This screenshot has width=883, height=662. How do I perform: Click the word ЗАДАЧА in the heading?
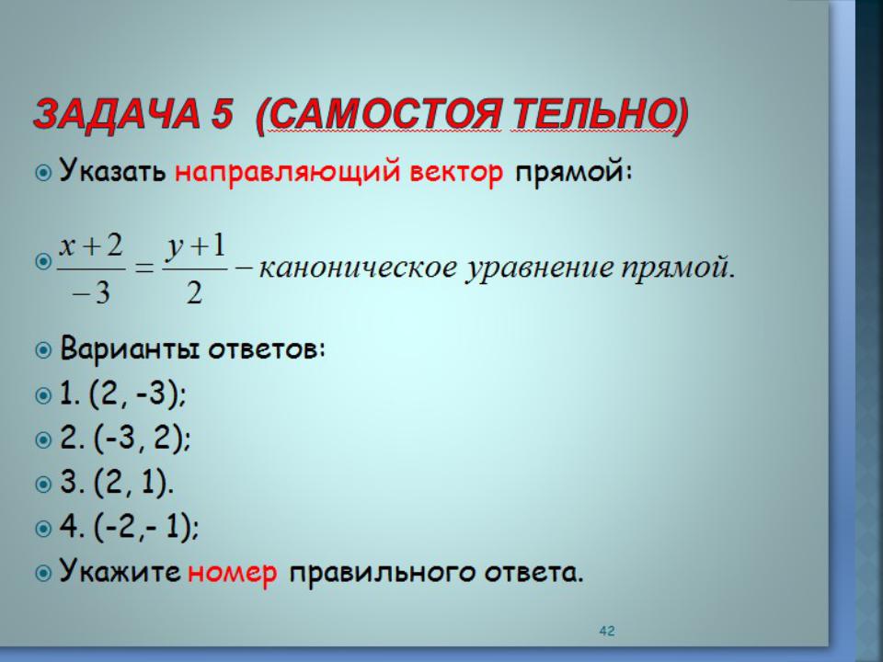click(117, 114)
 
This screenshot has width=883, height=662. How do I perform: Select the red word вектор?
click(456, 172)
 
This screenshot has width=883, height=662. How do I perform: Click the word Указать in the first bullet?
click(112, 169)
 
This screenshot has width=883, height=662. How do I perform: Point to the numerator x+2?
click(91, 245)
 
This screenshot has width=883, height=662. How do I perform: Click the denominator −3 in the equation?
click(91, 292)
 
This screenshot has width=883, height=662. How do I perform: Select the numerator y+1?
click(195, 247)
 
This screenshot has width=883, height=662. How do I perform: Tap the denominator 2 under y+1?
click(194, 292)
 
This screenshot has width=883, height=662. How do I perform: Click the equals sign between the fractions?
click(144, 268)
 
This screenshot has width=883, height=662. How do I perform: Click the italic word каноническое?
click(358, 268)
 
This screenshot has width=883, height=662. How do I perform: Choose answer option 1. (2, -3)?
click(122, 394)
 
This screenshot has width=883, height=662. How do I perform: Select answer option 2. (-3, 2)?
click(125, 438)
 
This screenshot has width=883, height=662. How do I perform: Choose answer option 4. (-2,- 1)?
click(129, 528)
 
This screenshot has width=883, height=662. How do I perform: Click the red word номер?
click(232, 573)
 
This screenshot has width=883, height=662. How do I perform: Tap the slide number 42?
click(607, 631)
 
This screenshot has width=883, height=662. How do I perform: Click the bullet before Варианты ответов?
click(43, 350)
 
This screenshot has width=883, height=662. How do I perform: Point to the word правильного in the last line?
click(383, 573)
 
